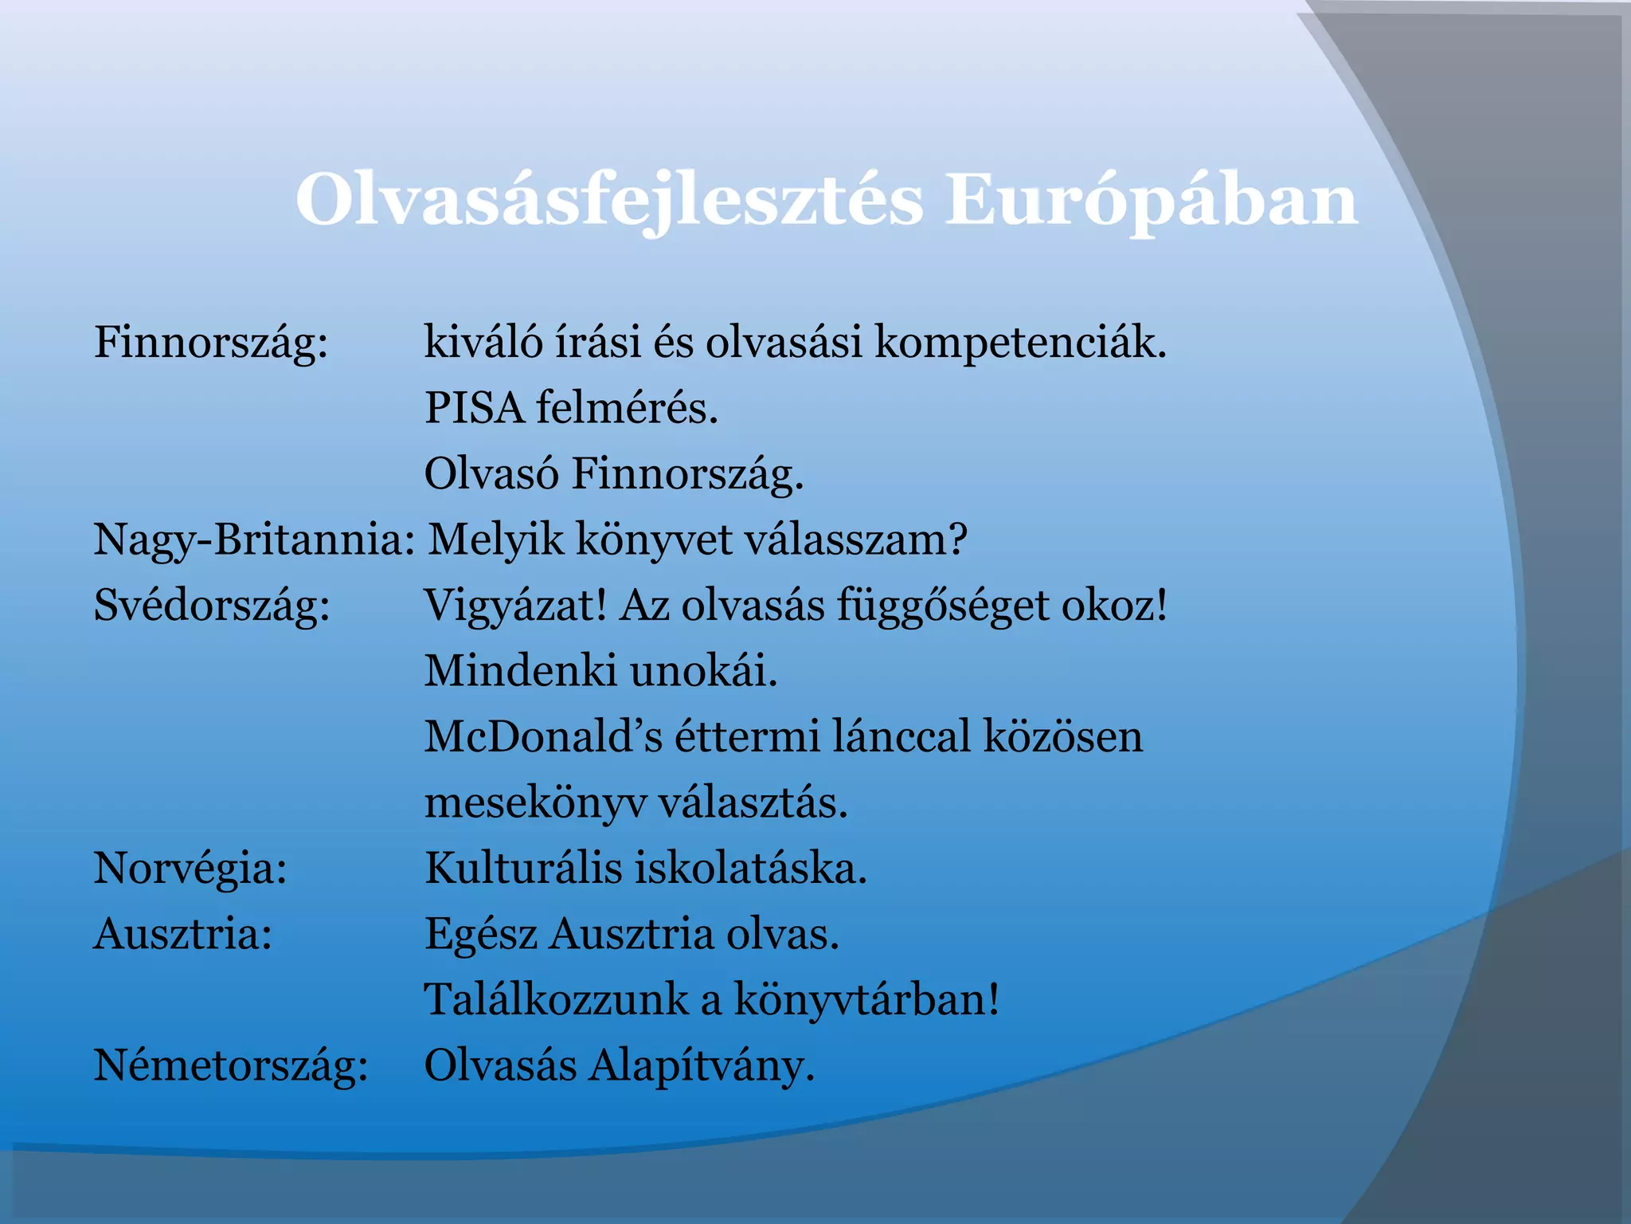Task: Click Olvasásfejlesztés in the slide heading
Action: (609, 201)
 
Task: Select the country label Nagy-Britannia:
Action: (253, 540)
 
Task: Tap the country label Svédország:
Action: (212, 606)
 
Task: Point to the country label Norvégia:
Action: (190, 869)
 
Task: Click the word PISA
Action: (474, 408)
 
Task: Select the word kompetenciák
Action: (1019, 343)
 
